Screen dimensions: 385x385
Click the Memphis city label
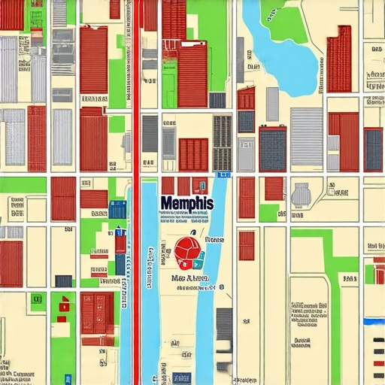click(x=186, y=204)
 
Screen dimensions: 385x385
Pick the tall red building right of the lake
click(x=339, y=59)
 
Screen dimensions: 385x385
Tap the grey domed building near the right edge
click(x=301, y=195)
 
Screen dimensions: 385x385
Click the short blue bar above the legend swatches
click(x=374, y=321)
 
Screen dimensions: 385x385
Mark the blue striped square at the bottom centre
click(x=180, y=377)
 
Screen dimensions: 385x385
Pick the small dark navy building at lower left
click(x=64, y=280)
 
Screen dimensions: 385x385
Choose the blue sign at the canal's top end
click(x=221, y=174)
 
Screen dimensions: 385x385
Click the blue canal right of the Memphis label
click(x=219, y=226)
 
